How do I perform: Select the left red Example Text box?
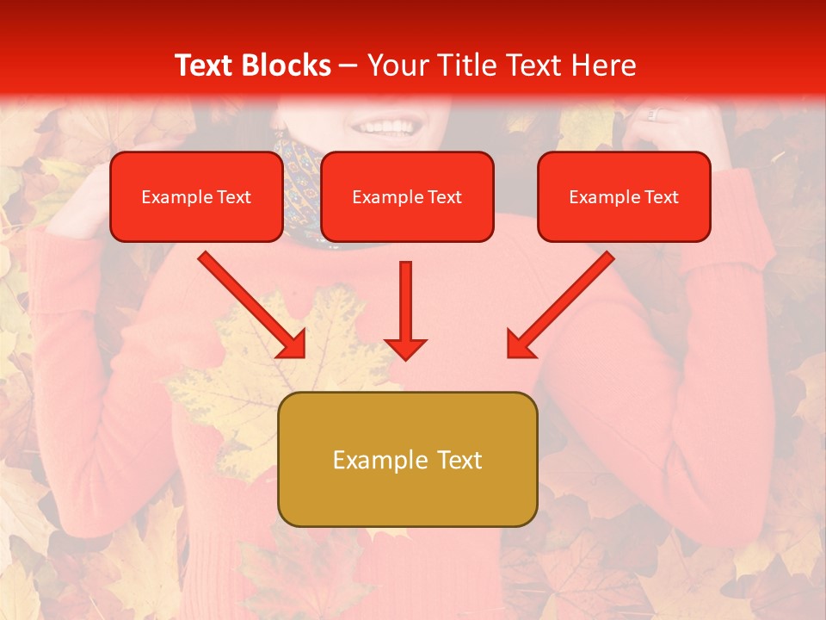click(x=196, y=197)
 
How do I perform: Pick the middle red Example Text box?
click(x=407, y=197)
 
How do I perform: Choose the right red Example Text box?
click(x=624, y=197)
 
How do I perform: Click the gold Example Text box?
click(x=407, y=459)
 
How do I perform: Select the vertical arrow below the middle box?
click(x=405, y=310)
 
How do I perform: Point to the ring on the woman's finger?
click(x=652, y=114)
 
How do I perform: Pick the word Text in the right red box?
click(x=661, y=197)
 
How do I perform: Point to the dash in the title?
click(x=348, y=65)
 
